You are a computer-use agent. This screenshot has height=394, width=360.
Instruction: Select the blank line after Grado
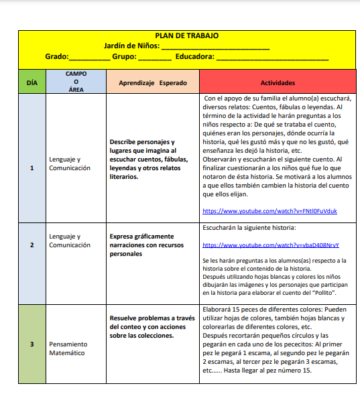click(x=89, y=58)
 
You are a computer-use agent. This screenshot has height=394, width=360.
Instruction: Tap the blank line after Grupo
click(x=155, y=58)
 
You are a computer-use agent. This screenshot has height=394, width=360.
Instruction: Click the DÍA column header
click(x=32, y=82)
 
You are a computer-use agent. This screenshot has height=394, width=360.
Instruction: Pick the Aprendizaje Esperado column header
click(x=153, y=82)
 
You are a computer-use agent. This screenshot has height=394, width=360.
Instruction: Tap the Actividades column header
click(x=278, y=82)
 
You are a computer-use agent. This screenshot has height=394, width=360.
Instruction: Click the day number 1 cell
click(x=32, y=168)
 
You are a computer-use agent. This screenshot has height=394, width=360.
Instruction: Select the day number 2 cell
click(x=32, y=245)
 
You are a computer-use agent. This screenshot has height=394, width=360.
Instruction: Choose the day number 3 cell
click(x=32, y=344)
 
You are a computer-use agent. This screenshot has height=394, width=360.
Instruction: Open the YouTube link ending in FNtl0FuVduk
click(x=269, y=211)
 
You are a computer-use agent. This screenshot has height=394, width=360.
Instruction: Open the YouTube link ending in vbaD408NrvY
click(x=271, y=245)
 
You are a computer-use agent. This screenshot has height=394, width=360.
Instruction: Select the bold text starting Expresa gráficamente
click(x=145, y=245)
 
